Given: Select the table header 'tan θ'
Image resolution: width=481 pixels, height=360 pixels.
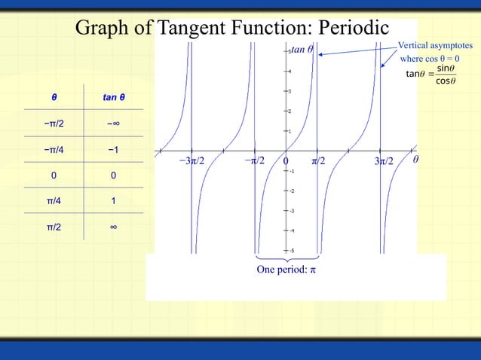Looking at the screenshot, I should [x=113, y=98].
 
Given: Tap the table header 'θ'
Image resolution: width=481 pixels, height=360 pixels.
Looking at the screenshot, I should [x=54, y=98].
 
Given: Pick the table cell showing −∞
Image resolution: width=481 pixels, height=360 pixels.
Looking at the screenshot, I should [x=113, y=124].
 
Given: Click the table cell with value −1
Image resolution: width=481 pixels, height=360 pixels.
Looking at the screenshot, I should [x=113, y=150].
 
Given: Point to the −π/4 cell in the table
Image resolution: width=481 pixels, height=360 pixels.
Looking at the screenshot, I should [x=54, y=150].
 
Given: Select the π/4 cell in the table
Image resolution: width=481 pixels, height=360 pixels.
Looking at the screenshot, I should [x=54, y=201].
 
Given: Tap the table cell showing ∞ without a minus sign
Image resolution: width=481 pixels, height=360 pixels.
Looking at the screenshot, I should [x=113, y=227].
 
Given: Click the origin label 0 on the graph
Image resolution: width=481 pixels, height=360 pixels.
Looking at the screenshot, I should [x=286, y=161].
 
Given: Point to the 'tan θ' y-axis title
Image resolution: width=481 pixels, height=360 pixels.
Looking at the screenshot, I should [x=302, y=50].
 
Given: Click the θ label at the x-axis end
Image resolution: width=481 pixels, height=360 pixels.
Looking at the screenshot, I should [x=415, y=160].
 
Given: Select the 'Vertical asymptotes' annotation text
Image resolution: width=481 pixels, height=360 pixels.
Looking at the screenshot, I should [x=437, y=46].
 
